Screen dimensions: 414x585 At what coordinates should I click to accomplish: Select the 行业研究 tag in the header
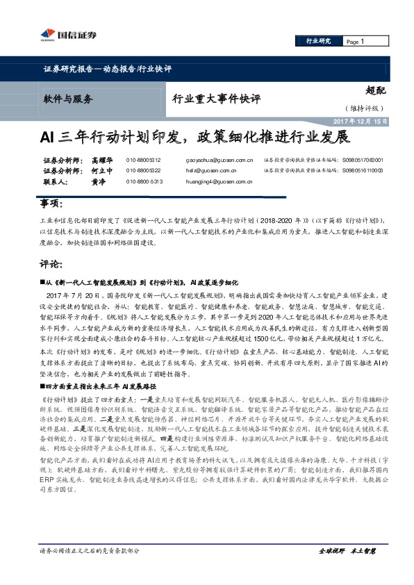(318, 42)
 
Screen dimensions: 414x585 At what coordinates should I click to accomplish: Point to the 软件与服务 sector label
(67, 98)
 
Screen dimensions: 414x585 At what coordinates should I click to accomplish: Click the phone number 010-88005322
(143, 170)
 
